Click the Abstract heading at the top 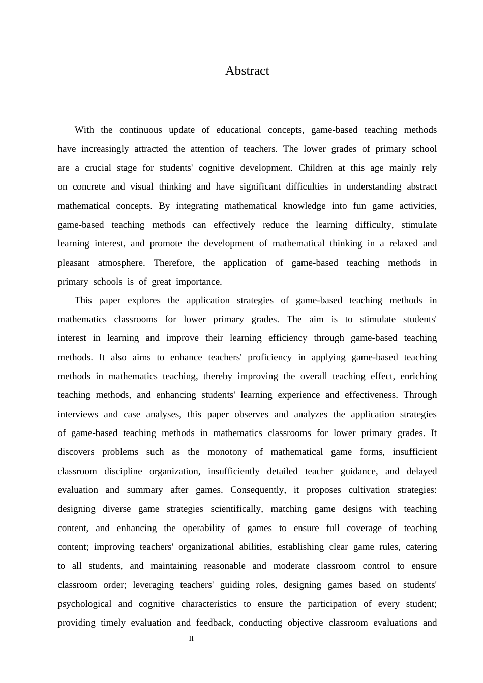247,71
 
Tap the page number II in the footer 191,639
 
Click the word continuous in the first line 140,130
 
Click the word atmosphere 120,263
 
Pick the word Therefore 174,263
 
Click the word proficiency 269,357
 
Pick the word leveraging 153,585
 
